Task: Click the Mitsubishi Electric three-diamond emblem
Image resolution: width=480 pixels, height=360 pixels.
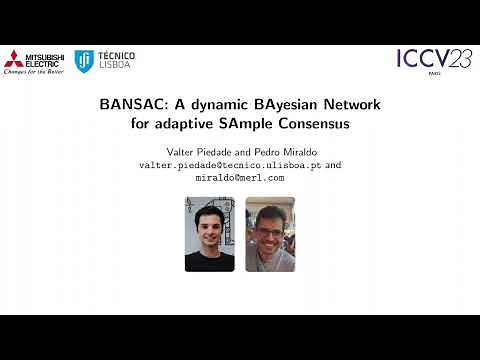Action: click(x=15, y=58)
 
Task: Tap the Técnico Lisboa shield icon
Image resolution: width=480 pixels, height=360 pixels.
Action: click(x=86, y=61)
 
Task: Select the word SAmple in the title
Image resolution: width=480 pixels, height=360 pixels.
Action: click(x=261, y=125)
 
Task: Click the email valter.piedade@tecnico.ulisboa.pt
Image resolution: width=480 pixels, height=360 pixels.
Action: click(x=230, y=164)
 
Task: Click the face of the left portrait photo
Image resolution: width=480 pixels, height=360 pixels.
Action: click(x=210, y=225)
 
